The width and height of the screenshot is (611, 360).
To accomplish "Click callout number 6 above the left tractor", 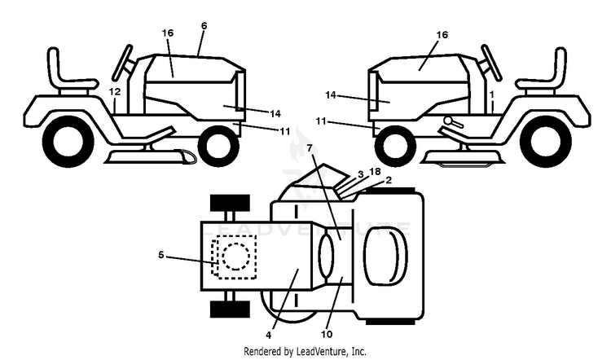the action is pyautogui.click(x=204, y=26).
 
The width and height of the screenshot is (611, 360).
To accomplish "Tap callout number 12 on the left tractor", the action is pyautogui.click(x=115, y=92).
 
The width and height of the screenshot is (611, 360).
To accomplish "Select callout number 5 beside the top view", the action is pyautogui.click(x=161, y=255).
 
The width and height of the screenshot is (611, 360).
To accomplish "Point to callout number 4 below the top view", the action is pyautogui.click(x=269, y=335).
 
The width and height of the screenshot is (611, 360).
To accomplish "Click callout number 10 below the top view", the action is pyautogui.click(x=327, y=334).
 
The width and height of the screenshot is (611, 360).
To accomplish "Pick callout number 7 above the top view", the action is pyautogui.click(x=310, y=148).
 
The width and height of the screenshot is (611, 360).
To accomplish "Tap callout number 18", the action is pyautogui.click(x=375, y=172).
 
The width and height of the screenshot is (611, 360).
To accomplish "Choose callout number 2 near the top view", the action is pyautogui.click(x=389, y=180).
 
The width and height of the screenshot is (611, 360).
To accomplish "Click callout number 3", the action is pyautogui.click(x=360, y=174).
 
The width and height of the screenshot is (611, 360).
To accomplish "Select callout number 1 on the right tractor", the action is pyautogui.click(x=492, y=94).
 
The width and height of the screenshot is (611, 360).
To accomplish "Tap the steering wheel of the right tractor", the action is pyautogui.click(x=491, y=63).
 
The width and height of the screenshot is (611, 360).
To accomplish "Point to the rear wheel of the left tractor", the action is pyautogui.click(x=68, y=142).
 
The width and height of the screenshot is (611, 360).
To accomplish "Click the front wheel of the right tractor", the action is pyautogui.click(x=394, y=146).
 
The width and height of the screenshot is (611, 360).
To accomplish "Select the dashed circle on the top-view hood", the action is pyautogui.click(x=235, y=257).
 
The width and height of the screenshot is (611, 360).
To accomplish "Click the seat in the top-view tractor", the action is pyautogui.click(x=385, y=257).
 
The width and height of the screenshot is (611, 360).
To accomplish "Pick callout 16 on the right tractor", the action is pyautogui.click(x=442, y=35).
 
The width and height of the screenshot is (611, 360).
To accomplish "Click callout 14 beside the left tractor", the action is pyautogui.click(x=275, y=114).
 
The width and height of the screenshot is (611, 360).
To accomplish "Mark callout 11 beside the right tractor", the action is pyautogui.click(x=321, y=121).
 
